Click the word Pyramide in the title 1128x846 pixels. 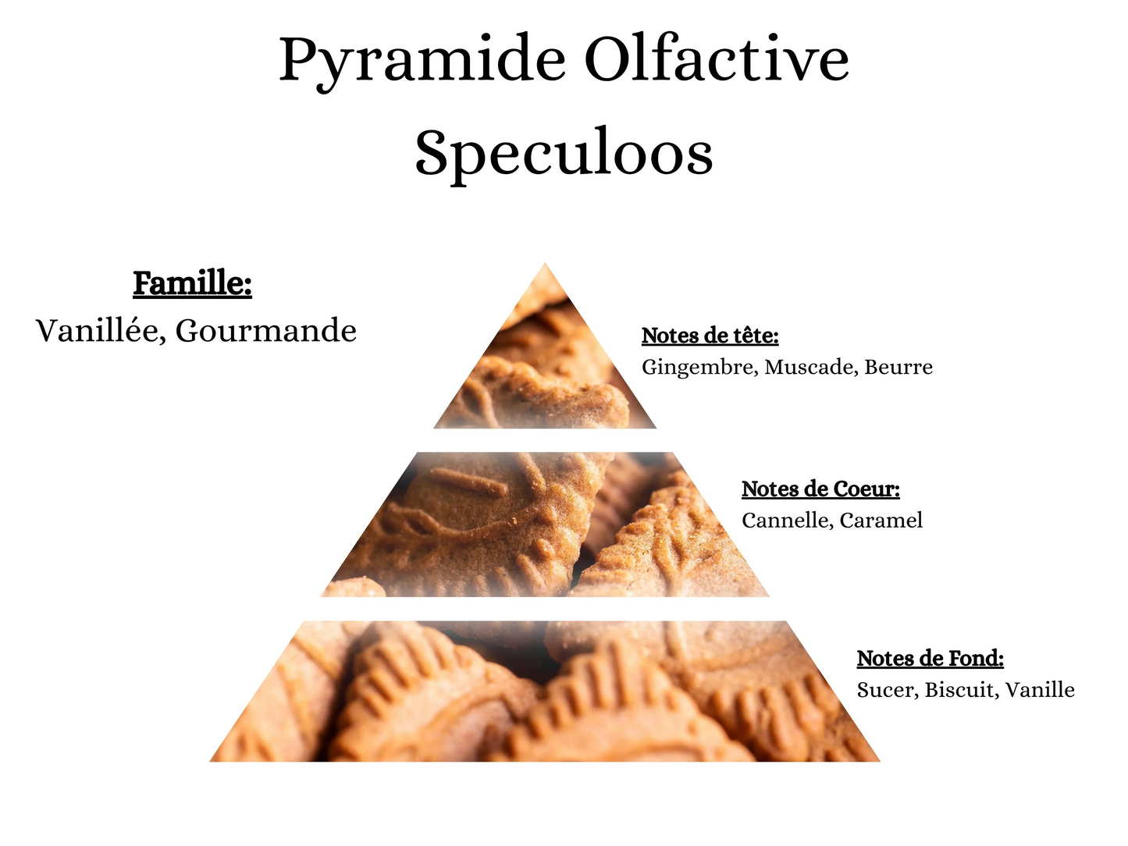tap(422, 61)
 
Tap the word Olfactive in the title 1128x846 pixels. tap(717, 59)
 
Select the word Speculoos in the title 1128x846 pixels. tap(564, 152)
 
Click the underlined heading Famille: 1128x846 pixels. tap(192, 283)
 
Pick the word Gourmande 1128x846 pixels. tap(265, 331)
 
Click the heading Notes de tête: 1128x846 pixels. tap(710, 336)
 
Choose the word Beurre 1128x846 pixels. tap(898, 367)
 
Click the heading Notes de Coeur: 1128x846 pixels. tap(820, 489)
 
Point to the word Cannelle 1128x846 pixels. tap(786, 521)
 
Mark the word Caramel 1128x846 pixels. tap(881, 521)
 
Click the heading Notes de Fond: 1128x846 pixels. tap(930, 659)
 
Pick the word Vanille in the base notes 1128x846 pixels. tap(1040, 690)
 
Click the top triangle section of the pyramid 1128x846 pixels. tap(545, 367)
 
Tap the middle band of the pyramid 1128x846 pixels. tap(545, 524)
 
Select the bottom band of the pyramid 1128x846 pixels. tap(545, 691)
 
